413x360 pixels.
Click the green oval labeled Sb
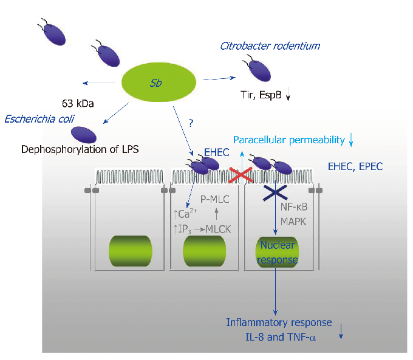click(160, 83)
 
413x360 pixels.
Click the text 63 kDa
click(78, 102)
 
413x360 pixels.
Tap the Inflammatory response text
click(279, 322)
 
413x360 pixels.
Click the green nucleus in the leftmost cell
click(129, 250)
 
